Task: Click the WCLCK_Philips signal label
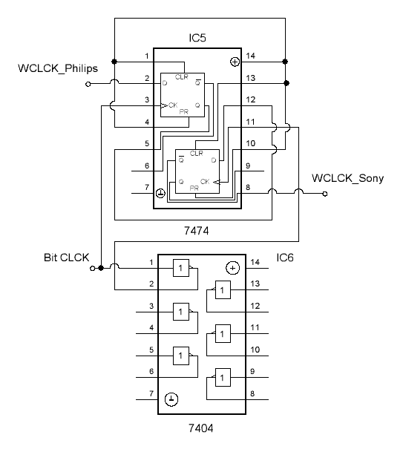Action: coord(58,68)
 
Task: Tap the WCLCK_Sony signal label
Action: coord(348,178)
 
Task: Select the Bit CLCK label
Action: coord(67,258)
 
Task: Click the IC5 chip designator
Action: coord(197,38)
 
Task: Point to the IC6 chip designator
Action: coord(285,258)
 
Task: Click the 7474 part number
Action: coord(197,231)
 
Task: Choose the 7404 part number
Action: coord(201,428)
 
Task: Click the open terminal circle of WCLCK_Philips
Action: coord(88,84)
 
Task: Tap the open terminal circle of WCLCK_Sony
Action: coord(325,194)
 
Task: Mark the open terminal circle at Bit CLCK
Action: coord(92,269)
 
